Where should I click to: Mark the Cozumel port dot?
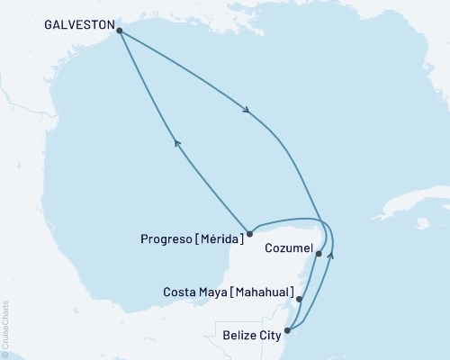(319, 254)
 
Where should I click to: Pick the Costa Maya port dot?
(300, 299)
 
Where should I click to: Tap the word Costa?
(180, 292)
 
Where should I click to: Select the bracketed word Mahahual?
(265, 292)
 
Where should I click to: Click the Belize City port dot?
(287, 330)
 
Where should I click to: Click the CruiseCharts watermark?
(5, 328)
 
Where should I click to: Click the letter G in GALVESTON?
(47, 27)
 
